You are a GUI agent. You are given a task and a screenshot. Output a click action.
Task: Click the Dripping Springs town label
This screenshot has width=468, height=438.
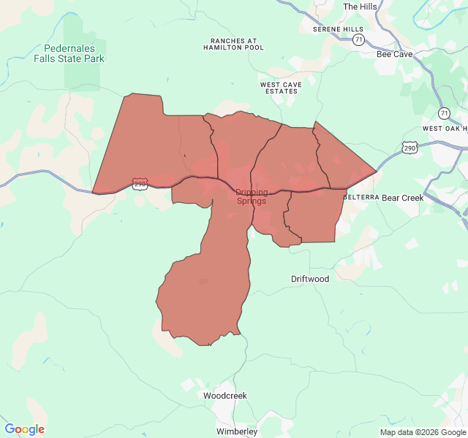pyautogui.click(x=252, y=196)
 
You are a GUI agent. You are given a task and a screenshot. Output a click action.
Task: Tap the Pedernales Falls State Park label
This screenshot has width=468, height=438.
pyautogui.click(x=69, y=53)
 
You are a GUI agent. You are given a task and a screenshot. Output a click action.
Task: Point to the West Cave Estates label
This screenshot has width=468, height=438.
pyautogui.click(x=279, y=88)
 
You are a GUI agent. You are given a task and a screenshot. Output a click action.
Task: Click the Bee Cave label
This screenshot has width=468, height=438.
pyautogui.click(x=394, y=54)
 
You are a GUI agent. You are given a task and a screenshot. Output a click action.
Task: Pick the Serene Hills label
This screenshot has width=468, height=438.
pyautogui.click(x=338, y=29)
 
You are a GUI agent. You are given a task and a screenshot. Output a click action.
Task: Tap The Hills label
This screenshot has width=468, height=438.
pyautogui.click(x=360, y=7)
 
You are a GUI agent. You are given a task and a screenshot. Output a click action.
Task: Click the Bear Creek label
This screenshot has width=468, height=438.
pyautogui.click(x=402, y=198)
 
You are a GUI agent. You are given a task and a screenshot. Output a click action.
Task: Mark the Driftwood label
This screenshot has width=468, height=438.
pyautogui.click(x=310, y=279)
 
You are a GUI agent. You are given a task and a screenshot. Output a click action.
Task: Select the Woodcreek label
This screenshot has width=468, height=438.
pyautogui.click(x=224, y=396)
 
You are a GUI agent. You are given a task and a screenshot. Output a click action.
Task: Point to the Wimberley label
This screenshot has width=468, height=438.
pyautogui.click(x=236, y=431)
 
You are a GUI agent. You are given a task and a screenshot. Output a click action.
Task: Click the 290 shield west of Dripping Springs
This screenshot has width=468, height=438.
pyautogui.click(x=140, y=183)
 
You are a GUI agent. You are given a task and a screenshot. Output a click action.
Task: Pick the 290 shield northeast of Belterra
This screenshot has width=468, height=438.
pyautogui.click(x=409, y=147)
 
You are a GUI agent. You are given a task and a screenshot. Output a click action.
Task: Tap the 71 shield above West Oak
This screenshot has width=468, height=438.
pyautogui.click(x=444, y=113)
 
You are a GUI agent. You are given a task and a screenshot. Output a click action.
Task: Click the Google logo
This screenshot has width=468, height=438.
pyautogui.click(x=24, y=429)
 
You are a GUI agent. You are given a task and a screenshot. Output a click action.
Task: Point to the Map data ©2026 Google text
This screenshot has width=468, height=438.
pyautogui.click(x=423, y=432)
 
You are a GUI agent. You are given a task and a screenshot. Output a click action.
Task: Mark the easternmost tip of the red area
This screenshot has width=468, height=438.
pyautogui.click(x=377, y=172)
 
